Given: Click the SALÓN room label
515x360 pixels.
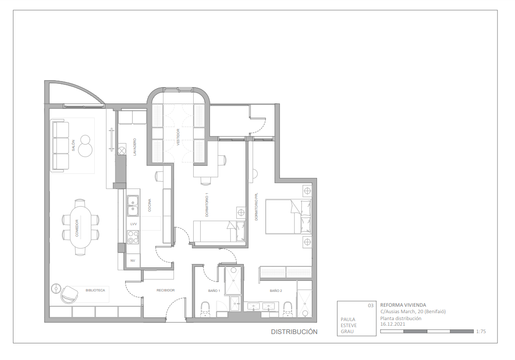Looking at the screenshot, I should click(73, 145).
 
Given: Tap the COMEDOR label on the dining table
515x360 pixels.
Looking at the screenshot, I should click(77, 228).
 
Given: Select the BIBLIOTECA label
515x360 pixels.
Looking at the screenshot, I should click(95, 291).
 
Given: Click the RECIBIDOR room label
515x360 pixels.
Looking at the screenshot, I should click(165, 291).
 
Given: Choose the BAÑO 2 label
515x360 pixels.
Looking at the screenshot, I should click(276, 291).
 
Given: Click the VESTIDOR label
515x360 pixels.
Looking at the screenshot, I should click(178, 138).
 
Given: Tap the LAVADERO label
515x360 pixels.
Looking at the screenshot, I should click(135, 147).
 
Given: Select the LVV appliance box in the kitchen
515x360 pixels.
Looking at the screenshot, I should click(134, 224).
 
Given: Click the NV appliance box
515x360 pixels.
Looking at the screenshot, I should click(133, 261).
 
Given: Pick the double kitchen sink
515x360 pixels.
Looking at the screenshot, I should click(133, 206).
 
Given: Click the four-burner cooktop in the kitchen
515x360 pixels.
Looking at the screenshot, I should click(133, 237).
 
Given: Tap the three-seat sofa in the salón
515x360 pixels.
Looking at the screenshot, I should click(60, 145).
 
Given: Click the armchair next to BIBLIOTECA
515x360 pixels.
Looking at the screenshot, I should click(70, 294).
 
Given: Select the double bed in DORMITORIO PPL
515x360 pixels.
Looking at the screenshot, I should click(288, 216).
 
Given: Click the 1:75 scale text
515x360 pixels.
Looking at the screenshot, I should click(481, 332).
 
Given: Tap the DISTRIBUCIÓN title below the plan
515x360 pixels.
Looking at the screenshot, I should click(294, 332).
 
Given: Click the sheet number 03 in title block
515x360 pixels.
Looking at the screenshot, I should click(370, 306).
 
